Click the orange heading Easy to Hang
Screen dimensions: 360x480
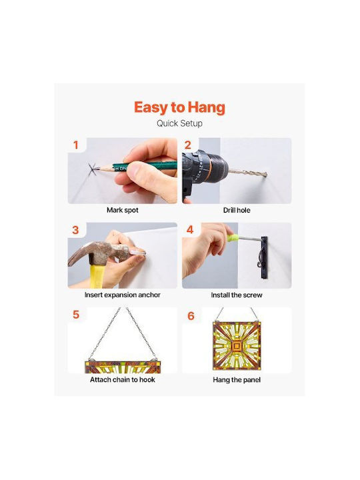pos(179,107)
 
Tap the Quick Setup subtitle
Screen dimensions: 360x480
pos(179,123)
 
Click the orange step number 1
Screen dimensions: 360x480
pos(76,145)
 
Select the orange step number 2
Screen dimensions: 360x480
pos(188,145)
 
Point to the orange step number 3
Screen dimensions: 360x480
pos(75,230)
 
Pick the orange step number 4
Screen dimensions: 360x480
pos(190,229)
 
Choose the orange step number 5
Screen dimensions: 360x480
pos(76,315)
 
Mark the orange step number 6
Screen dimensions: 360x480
pos(191,315)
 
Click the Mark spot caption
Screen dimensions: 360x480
pos(123,210)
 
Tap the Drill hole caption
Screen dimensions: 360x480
pos(237,210)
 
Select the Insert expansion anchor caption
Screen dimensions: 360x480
pos(123,295)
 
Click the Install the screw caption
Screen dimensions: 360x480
pos(237,295)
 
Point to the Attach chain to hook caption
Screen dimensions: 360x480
pos(123,379)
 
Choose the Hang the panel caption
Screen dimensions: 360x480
pos(237,380)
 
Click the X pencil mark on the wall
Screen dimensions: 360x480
pos(93,169)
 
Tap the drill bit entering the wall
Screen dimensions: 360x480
pos(248,173)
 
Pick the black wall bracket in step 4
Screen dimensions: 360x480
pos(264,258)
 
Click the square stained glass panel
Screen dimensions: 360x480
pos(237,346)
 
